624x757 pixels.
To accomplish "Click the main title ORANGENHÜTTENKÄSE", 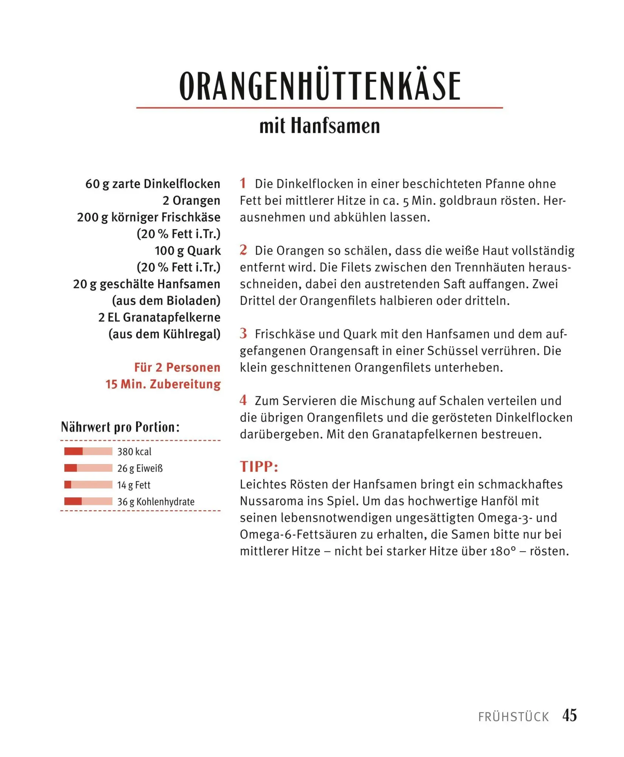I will click(320, 86).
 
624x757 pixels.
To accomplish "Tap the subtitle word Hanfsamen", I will click(335, 126).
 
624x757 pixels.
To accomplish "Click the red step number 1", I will click(243, 184).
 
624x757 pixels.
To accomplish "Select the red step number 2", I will click(243, 250).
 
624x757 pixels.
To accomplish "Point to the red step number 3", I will click(243, 333).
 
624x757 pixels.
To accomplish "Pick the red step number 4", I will click(243, 400).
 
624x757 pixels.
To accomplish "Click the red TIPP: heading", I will click(259, 467).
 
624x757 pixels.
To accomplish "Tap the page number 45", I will click(570, 715).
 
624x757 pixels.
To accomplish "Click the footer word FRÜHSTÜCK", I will click(513, 717).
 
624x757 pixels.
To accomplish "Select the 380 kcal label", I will click(134, 452).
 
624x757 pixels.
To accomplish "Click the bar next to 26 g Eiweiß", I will click(88, 468).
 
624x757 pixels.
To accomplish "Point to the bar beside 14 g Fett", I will click(88, 485).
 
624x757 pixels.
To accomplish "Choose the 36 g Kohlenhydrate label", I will click(156, 502).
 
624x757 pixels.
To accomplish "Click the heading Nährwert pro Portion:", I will click(120, 427).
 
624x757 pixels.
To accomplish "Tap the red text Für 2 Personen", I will click(177, 367).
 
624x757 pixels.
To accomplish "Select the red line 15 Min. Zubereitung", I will click(163, 384).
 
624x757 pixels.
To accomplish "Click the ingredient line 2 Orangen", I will click(191, 201).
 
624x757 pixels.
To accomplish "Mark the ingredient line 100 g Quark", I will click(188, 251).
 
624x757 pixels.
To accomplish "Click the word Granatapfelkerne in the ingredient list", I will click(172, 317).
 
